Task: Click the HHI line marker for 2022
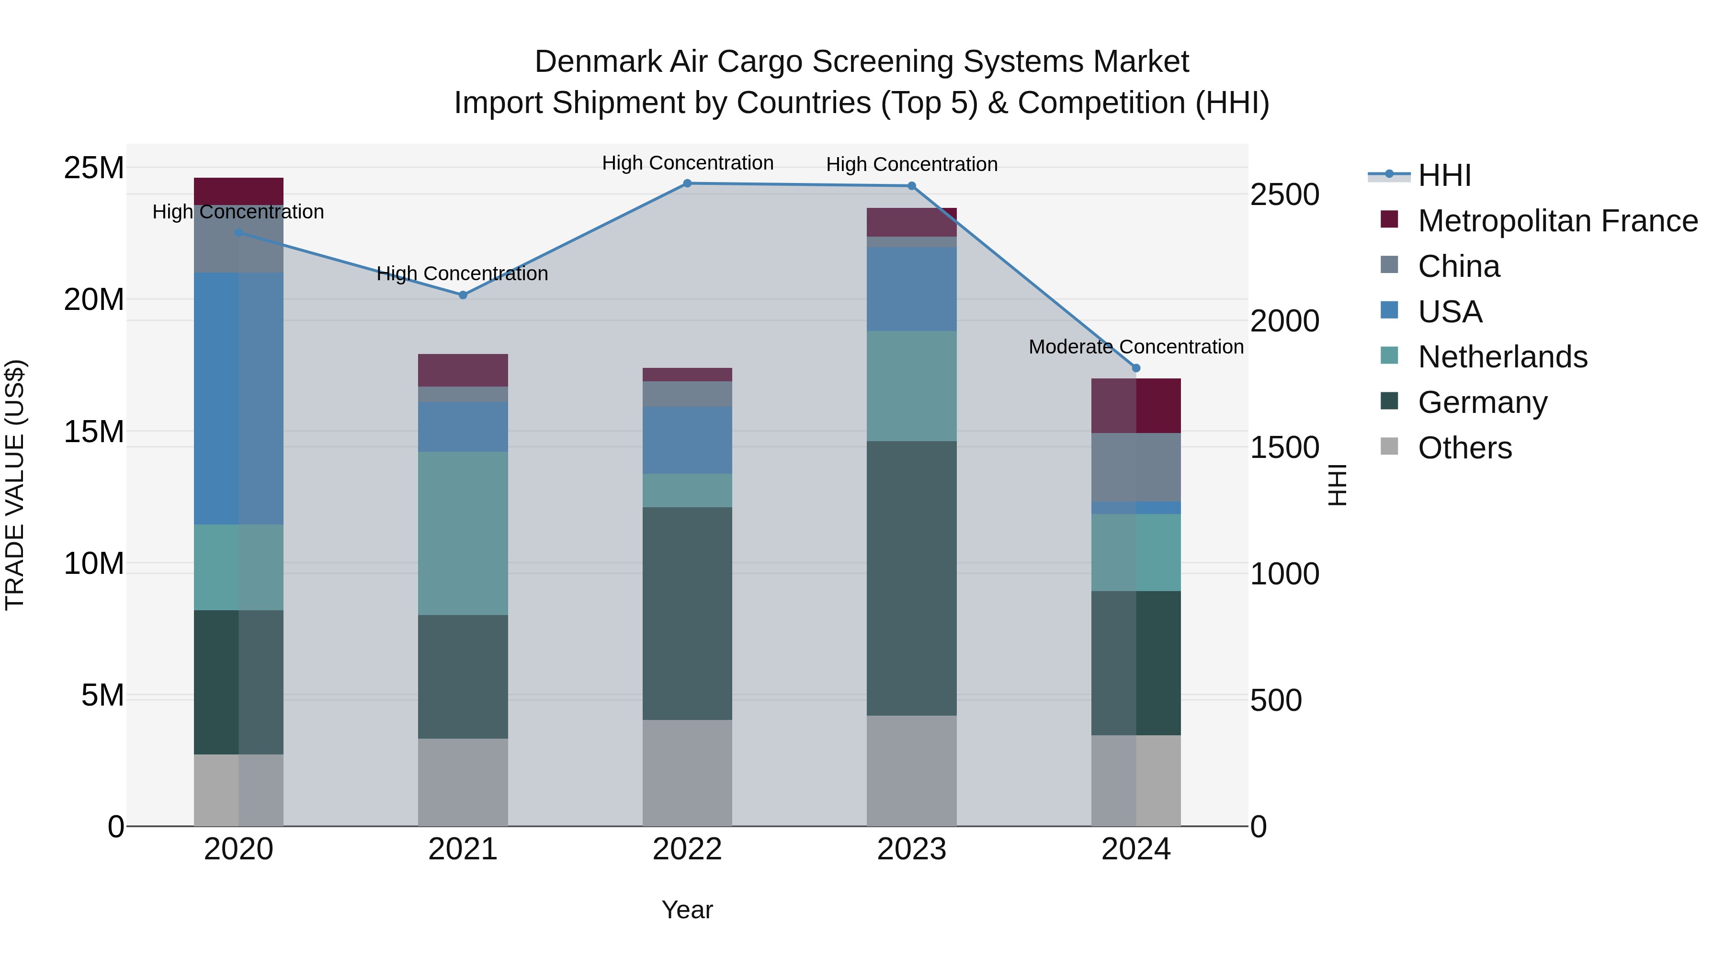pos(687,183)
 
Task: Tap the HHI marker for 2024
pos(1136,368)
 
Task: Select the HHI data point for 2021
pos(463,295)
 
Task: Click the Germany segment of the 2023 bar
pos(911,578)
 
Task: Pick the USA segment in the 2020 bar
pos(238,399)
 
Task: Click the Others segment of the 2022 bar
pos(687,773)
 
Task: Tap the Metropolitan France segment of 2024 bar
pos(1136,406)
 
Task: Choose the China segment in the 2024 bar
pos(1136,467)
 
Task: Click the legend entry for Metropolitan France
pos(1557,221)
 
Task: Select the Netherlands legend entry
pos(1502,357)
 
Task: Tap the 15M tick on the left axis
pos(94,432)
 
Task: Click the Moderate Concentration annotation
pos(1136,347)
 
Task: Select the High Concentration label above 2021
pos(463,274)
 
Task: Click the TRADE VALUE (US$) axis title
pos(15,485)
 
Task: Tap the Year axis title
pos(687,910)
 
